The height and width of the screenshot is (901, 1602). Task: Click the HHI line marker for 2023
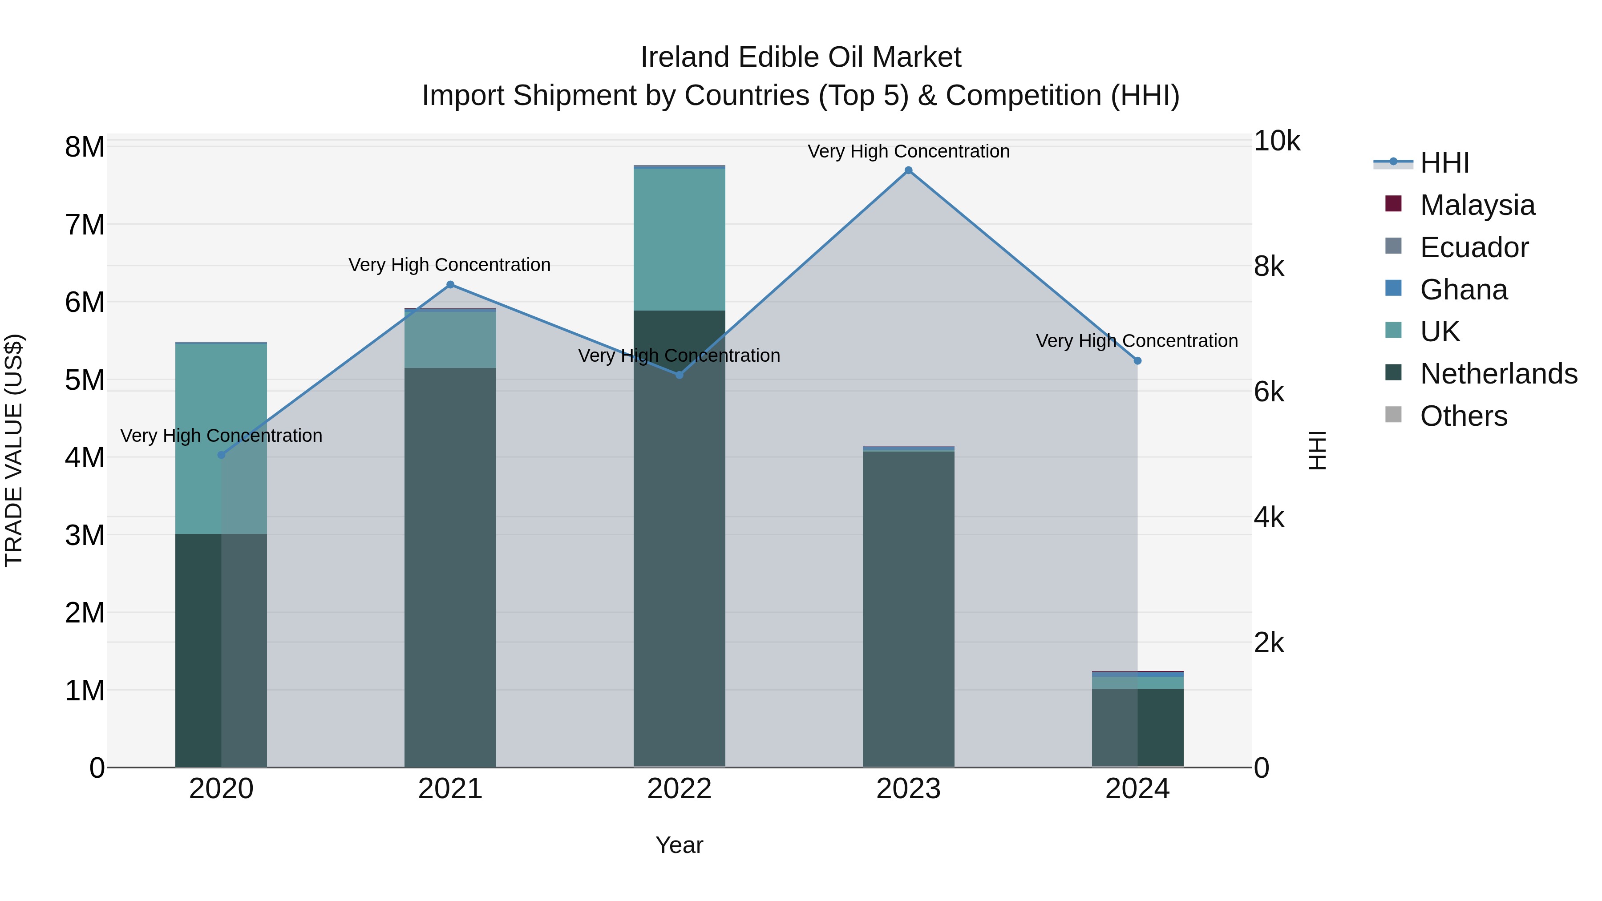[908, 170]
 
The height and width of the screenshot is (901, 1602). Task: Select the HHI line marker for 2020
[222, 455]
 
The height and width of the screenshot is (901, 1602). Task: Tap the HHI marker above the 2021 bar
[450, 285]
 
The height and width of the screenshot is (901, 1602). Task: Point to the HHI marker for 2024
[1137, 361]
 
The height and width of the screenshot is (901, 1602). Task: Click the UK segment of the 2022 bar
[679, 239]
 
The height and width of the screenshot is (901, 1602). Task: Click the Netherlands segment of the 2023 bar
[908, 610]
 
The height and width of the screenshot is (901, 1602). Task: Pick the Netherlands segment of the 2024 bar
[1137, 727]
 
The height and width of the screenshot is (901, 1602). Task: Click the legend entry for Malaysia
[1477, 205]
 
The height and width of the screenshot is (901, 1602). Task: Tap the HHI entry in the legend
[1444, 163]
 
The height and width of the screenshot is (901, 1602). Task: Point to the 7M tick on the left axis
[85, 225]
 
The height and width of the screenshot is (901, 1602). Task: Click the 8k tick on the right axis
[1269, 267]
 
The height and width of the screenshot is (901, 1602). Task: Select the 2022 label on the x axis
[679, 789]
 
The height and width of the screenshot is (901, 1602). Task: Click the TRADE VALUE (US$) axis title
[14, 450]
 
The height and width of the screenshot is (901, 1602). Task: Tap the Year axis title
[679, 845]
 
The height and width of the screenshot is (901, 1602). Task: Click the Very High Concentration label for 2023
[908, 151]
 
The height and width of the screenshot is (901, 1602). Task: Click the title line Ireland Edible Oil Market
[801, 57]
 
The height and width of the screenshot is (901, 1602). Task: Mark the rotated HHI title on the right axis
[1318, 450]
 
